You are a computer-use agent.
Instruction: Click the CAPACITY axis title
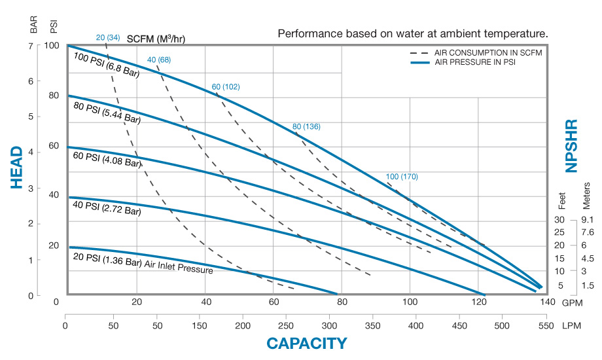coord(306,343)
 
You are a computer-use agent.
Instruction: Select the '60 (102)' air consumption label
coord(226,87)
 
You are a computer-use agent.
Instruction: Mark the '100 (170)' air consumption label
coord(402,177)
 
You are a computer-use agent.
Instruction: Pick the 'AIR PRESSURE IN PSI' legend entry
coord(469,62)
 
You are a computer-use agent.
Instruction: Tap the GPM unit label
coord(573,302)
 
